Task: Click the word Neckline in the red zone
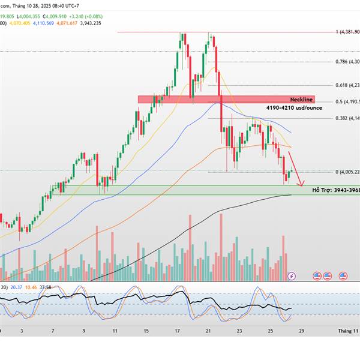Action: (301, 98)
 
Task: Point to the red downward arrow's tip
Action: (302, 185)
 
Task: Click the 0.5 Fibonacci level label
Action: (348, 101)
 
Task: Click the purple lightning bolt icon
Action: (292, 276)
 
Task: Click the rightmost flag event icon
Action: (344, 276)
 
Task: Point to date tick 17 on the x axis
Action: (178, 331)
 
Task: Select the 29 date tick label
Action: (301, 331)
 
